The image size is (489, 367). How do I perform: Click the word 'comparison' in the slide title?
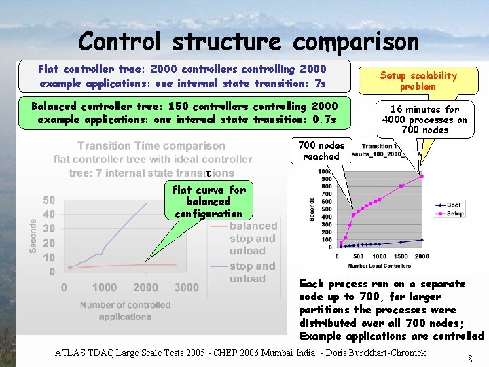pyautogui.click(x=356, y=42)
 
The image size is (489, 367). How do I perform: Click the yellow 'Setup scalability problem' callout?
pyautogui.click(x=418, y=81)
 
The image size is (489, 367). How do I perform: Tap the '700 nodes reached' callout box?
pyautogui.click(x=321, y=150)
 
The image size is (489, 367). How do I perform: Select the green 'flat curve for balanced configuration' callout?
pyautogui.click(x=209, y=201)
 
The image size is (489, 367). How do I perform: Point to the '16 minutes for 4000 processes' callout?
pyautogui.click(x=424, y=119)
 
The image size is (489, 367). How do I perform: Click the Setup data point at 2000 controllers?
pyautogui.click(x=422, y=176)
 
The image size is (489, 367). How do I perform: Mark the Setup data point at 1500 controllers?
pyautogui.click(x=401, y=186)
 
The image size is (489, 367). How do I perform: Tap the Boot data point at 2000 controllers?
pyautogui.click(x=422, y=240)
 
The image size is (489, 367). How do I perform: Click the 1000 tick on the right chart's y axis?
pyautogui.click(x=325, y=171)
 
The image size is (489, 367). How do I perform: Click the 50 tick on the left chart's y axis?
pyautogui.click(x=49, y=200)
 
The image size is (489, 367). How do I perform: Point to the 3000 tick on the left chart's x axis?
pyautogui.click(x=186, y=287)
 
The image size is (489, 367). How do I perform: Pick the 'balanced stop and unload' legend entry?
pyautogui.click(x=252, y=238)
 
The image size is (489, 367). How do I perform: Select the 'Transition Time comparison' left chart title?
pyautogui.click(x=151, y=145)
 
